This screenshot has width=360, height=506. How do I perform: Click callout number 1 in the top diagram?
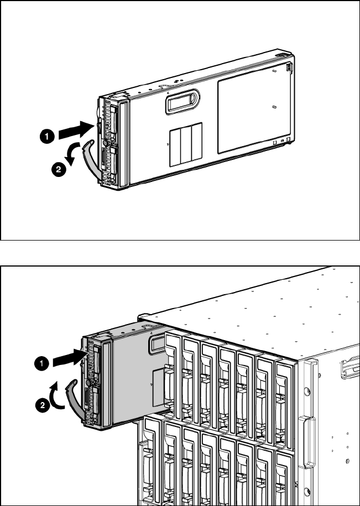click(48, 134)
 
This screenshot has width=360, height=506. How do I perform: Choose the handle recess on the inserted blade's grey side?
click(158, 347)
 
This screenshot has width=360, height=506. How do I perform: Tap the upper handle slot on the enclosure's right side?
click(350, 368)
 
